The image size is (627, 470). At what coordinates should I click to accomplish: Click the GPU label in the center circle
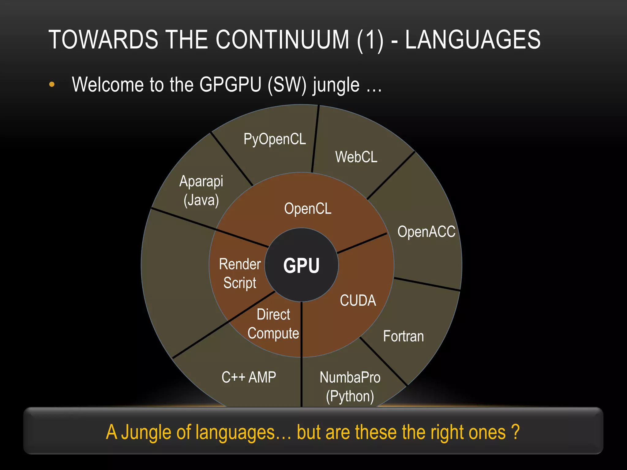tap(302, 265)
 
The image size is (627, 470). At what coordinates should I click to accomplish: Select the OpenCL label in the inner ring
tap(308, 209)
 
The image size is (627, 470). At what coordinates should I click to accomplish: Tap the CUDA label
tap(358, 300)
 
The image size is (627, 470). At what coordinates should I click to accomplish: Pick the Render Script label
tap(240, 273)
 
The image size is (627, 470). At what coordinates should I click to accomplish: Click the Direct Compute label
tap(273, 324)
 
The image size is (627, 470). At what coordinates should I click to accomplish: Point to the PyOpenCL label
tap(275, 139)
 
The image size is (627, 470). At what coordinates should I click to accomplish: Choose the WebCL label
tap(356, 157)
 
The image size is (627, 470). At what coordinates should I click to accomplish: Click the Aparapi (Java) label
tap(201, 191)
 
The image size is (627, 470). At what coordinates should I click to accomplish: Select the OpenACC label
tap(426, 232)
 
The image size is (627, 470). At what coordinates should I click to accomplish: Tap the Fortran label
tap(404, 336)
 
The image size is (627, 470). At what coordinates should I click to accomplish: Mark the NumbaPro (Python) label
tap(350, 387)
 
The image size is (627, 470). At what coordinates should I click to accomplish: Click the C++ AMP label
tap(249, 377)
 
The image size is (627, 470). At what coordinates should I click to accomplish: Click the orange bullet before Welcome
tap(52, 84)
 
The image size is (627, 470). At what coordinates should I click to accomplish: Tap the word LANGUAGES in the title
tap(473, 40)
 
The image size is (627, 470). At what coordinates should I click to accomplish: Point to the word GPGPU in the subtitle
tap(230, 84)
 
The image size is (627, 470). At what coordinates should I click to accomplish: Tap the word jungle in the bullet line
tap(336, 85)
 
